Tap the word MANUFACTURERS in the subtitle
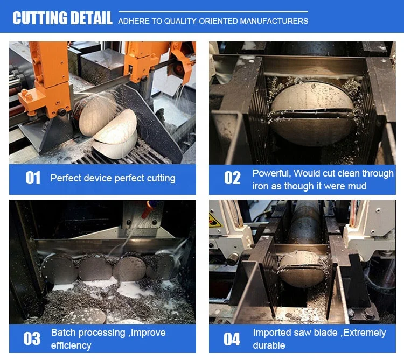(x=274, y=21)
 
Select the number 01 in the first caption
(x=33, y=178)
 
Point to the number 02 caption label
(x=232, y=178)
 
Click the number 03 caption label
(x=32, y=338)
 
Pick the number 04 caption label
(x=232, y=339)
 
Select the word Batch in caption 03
(x=62, y=333)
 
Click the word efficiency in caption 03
(x=71, y=345)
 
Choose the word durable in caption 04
(x=269, y=345)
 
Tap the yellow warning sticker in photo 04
(x=214, y=221)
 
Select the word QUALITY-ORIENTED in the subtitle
(x=201, y=21)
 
